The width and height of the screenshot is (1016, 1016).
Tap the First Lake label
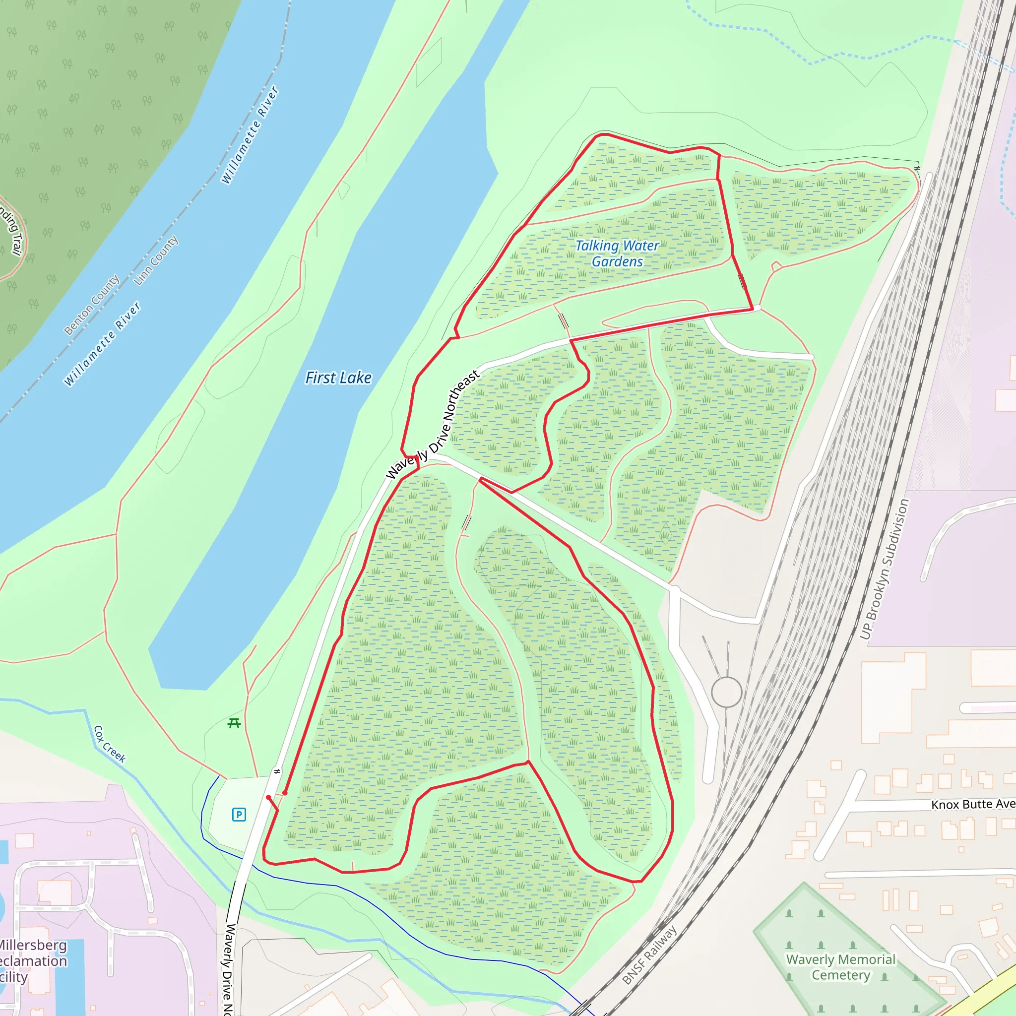[x=338, y=378]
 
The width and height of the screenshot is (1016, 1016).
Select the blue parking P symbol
[x=239, y=815]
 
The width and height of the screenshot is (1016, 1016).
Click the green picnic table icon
[x=234, y=724]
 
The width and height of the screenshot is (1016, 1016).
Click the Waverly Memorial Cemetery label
[x=840, y=967]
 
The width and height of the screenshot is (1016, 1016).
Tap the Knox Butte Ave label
[x=972, y=805]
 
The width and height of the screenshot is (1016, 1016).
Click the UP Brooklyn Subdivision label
[x=884, y=569]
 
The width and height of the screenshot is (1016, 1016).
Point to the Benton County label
[x=91, y=305]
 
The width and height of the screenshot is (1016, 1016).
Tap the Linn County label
[x=156, y=260]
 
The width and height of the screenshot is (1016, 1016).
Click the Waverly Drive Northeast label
[x=433, y=424]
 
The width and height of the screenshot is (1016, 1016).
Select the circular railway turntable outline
[x=726, y=692]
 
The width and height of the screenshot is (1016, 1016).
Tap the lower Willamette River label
[x=102, y=344]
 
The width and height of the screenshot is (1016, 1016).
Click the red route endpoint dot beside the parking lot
[x=269, y=798]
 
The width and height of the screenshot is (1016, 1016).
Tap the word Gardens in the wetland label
[x=617, y=262]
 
